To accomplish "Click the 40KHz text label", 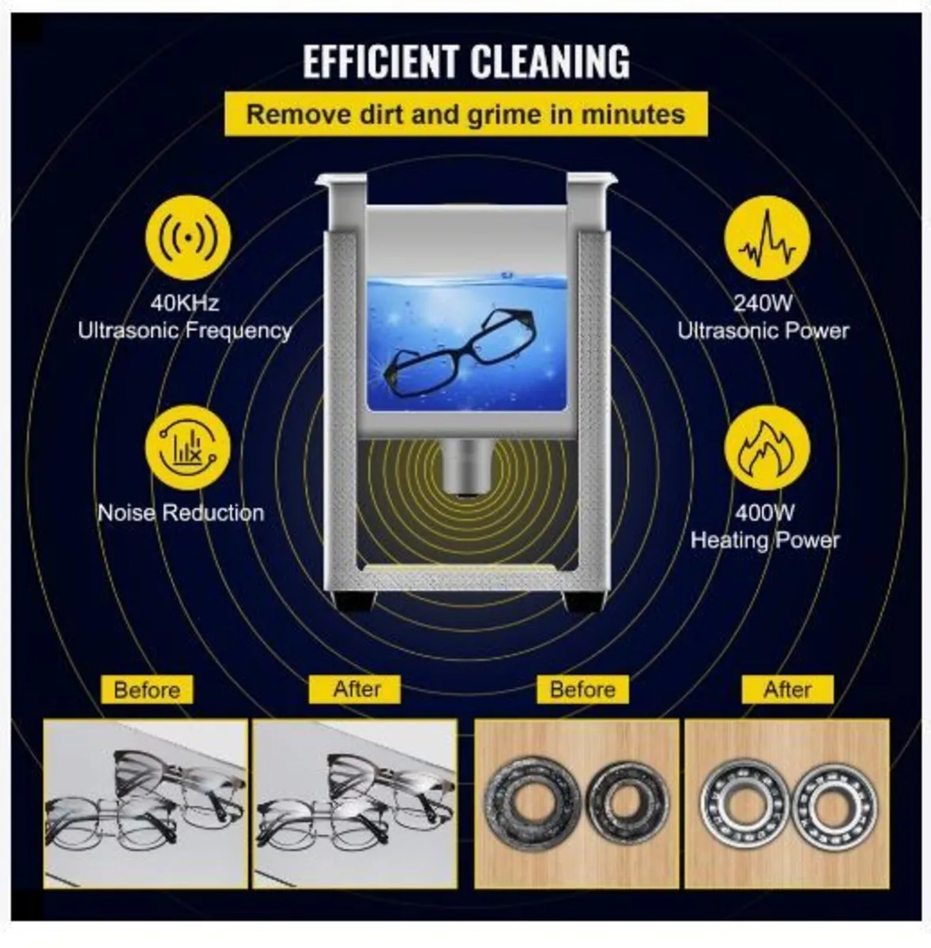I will [x=186, y=303].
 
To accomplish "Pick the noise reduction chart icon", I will [x=187, y=447].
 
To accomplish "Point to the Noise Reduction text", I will [x=181, y=513].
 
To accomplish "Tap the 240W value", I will [x=763, y=303].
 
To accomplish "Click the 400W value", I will [x=764, y=513].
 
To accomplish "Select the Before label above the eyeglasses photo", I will [x=146, y=690].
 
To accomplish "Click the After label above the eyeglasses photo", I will [x=356, y=689].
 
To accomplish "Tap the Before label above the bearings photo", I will [x=582, y=690].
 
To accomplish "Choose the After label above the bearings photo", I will [x=787, y=690].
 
